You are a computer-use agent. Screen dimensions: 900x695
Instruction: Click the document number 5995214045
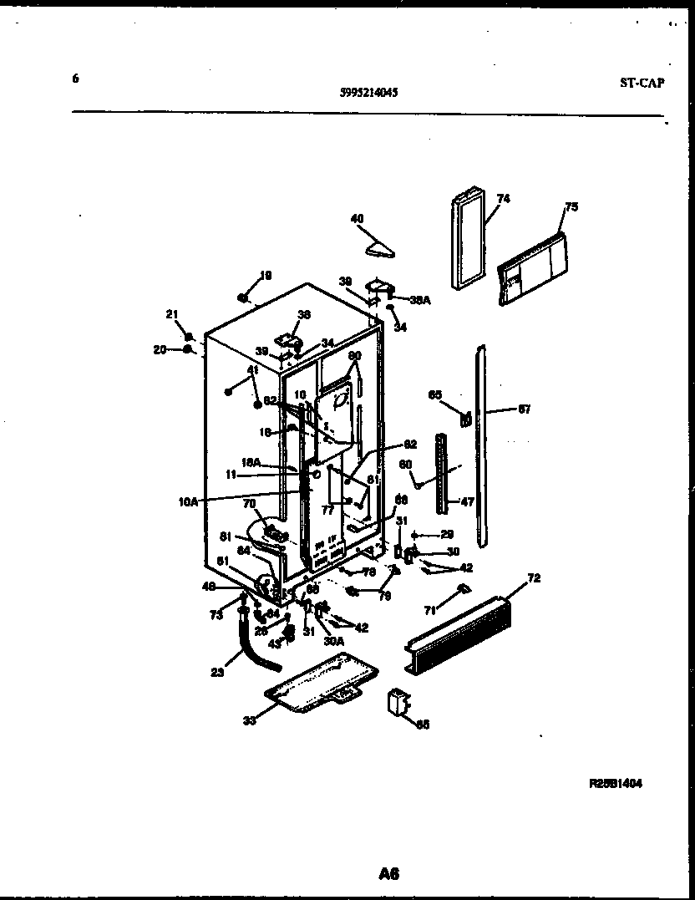(368, 94)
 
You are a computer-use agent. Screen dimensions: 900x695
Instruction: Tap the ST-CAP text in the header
(642, 81)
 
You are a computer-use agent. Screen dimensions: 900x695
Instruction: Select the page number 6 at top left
(75, 79)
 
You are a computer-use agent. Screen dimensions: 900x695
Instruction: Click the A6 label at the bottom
(388, 874)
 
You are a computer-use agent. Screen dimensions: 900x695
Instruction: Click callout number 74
(503, 199)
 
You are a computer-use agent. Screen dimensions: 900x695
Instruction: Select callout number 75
(571, 206)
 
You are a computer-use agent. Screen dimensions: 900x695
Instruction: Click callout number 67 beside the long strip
(524, 409)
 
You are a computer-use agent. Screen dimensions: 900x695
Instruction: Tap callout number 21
(172, 314)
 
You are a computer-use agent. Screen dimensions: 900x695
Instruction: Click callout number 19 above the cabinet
(266, 275)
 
